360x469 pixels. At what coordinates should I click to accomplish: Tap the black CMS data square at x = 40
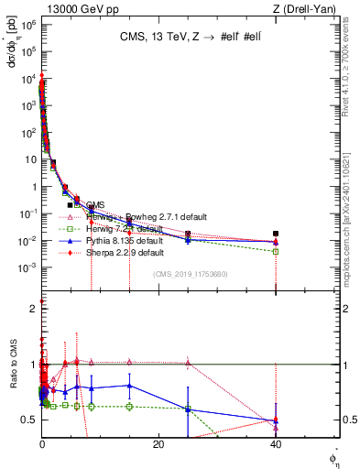(x=276, y=234)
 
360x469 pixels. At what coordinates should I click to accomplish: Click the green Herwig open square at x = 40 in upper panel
(x=276, y=251)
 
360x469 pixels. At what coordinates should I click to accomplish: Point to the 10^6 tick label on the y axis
(x=27, y=25)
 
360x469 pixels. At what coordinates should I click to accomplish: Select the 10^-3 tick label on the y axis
(x=27, y=267)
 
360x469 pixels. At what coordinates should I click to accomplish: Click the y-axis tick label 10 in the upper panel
(x=30, y=159)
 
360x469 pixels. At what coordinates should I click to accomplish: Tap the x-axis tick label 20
(x=158, y=443)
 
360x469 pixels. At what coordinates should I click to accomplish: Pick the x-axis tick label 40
(x=276, y=443)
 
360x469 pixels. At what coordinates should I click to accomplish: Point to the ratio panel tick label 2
(x=33, y=309)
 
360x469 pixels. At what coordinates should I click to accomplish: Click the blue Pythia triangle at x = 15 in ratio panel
(x=129, y=386)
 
